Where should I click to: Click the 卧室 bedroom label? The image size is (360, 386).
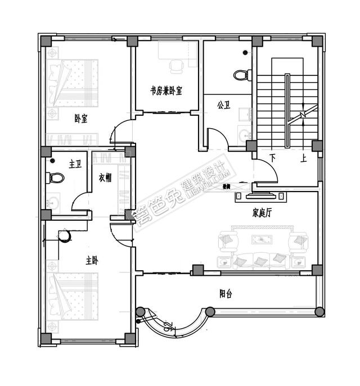pyautogui.click(x=80, y=119)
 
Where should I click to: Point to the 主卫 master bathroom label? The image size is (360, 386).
pyautogui.click(x=75, y=164)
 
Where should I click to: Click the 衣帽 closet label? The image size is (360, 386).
pyautogui.click(x=105, y=178)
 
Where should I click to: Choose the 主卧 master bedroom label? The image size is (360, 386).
pyautogui.click(x=92, y=261)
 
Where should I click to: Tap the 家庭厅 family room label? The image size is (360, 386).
pyautogui.click(x=262, y=213)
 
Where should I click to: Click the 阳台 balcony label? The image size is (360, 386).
pyautogui.click(x=227, y=293)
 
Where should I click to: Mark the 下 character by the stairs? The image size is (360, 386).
pyautogui.click(x=273, y=159)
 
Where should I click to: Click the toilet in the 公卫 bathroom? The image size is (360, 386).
pyautogui.click(x=241, y=74)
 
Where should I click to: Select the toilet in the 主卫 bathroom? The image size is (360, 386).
pyautogui.click(x=56, y=178)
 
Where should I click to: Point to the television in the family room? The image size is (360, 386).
pyautogui.click(x=260, y=196)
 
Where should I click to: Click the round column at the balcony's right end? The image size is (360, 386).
pyautogui.click(x=319, y=311)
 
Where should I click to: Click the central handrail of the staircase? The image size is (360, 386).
pyautogui.click(x=287, y=109)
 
